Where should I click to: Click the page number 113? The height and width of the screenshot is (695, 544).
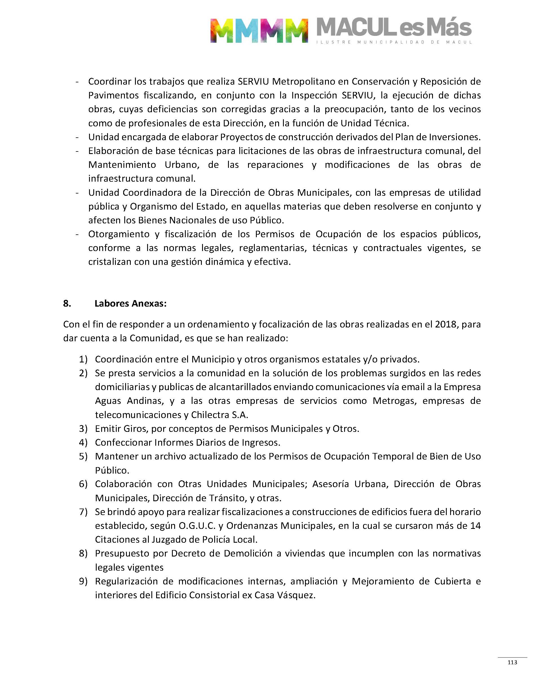tap(512, 663)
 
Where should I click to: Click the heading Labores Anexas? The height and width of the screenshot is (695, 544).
tap(130, 303)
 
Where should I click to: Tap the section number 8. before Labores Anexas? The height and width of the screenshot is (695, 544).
tap(67, 303)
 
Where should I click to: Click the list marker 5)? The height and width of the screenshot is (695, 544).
tap(83, 456)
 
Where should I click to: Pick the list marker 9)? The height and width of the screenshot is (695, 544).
tap(83, 581)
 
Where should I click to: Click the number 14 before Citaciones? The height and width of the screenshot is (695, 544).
tap(475, 525)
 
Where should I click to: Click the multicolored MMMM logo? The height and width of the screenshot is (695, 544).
tap(259, 30)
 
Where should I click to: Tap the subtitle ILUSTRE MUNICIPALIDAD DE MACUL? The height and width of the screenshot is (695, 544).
tap(394, 42)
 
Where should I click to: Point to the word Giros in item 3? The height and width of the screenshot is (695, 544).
tap(135, 429)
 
